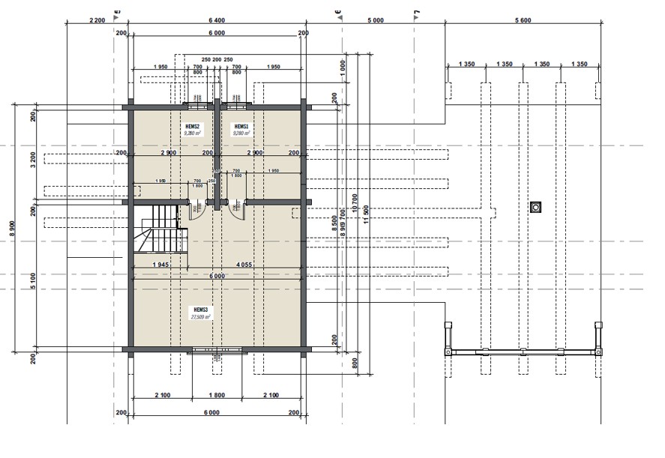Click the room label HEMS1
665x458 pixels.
(x=241, y=127)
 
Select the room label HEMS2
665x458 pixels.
(x=193, y=127)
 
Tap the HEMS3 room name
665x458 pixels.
(x=199, y=310)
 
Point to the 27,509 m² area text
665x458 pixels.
(x=199, y=317)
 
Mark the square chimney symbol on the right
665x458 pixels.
(x=535, y=206)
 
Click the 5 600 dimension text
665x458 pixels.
(x=523, y=20)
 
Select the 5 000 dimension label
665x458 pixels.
(x=375, y=20)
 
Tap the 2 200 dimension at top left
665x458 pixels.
(x=97, y=20)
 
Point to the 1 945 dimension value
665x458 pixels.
(x=159, y=265)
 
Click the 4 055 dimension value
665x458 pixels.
(x=244, y=265)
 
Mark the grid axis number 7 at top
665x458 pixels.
(x=417, y=13)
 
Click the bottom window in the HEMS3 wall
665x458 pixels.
(x=217, y=349)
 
